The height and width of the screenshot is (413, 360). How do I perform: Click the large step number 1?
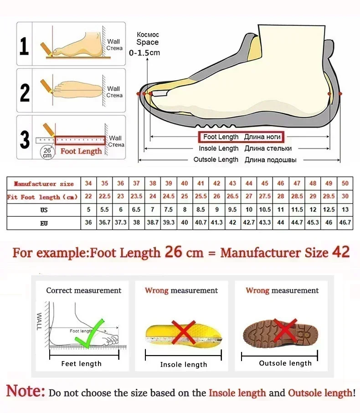click(x=24, y=46)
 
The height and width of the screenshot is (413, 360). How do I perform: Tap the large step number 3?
click(x=25, y=139)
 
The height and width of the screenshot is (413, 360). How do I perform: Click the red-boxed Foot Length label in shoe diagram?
click(x=240, y=137)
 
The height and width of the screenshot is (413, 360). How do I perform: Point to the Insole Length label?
click(x=219, y=148)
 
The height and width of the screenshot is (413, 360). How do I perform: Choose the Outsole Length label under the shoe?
click(x=216, y=160)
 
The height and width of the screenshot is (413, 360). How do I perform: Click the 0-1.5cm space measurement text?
click(x=144, y=53)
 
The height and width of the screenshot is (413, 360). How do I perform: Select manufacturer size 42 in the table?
click(x=217, y=184)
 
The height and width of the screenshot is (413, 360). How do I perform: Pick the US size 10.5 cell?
click(x=265, y=210)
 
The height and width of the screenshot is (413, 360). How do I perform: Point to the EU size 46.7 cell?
click(x=345, y=223)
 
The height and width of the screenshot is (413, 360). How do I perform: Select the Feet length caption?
click(x=82, y=363)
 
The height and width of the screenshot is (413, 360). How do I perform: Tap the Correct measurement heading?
click(x=84, y=291)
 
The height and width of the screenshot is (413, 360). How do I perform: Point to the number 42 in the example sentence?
click(x=341, y=252)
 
